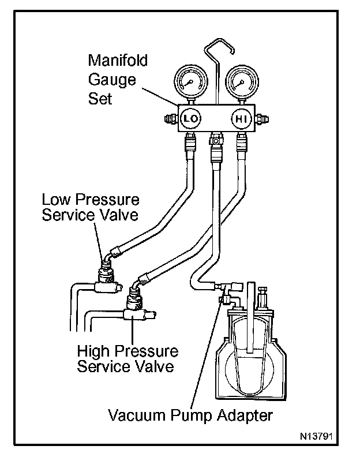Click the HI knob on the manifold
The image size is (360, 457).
click(x=241, y=119)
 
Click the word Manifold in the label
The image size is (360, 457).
click(x=118, y=60)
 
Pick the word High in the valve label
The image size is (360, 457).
click(x=92, y=351)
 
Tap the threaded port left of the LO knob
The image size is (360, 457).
click(x=169, y=120)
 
